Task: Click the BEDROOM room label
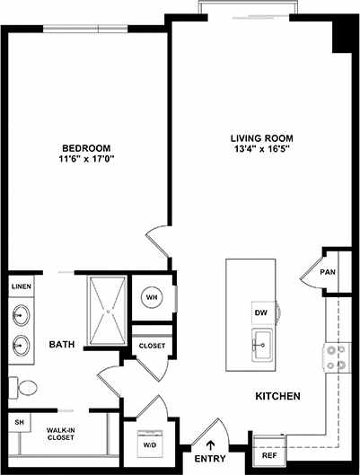87,147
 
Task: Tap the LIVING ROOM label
261,138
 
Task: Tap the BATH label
62,344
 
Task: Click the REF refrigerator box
268,454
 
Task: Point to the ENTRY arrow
213,443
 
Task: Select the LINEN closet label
21,286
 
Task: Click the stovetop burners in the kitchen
336,358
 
